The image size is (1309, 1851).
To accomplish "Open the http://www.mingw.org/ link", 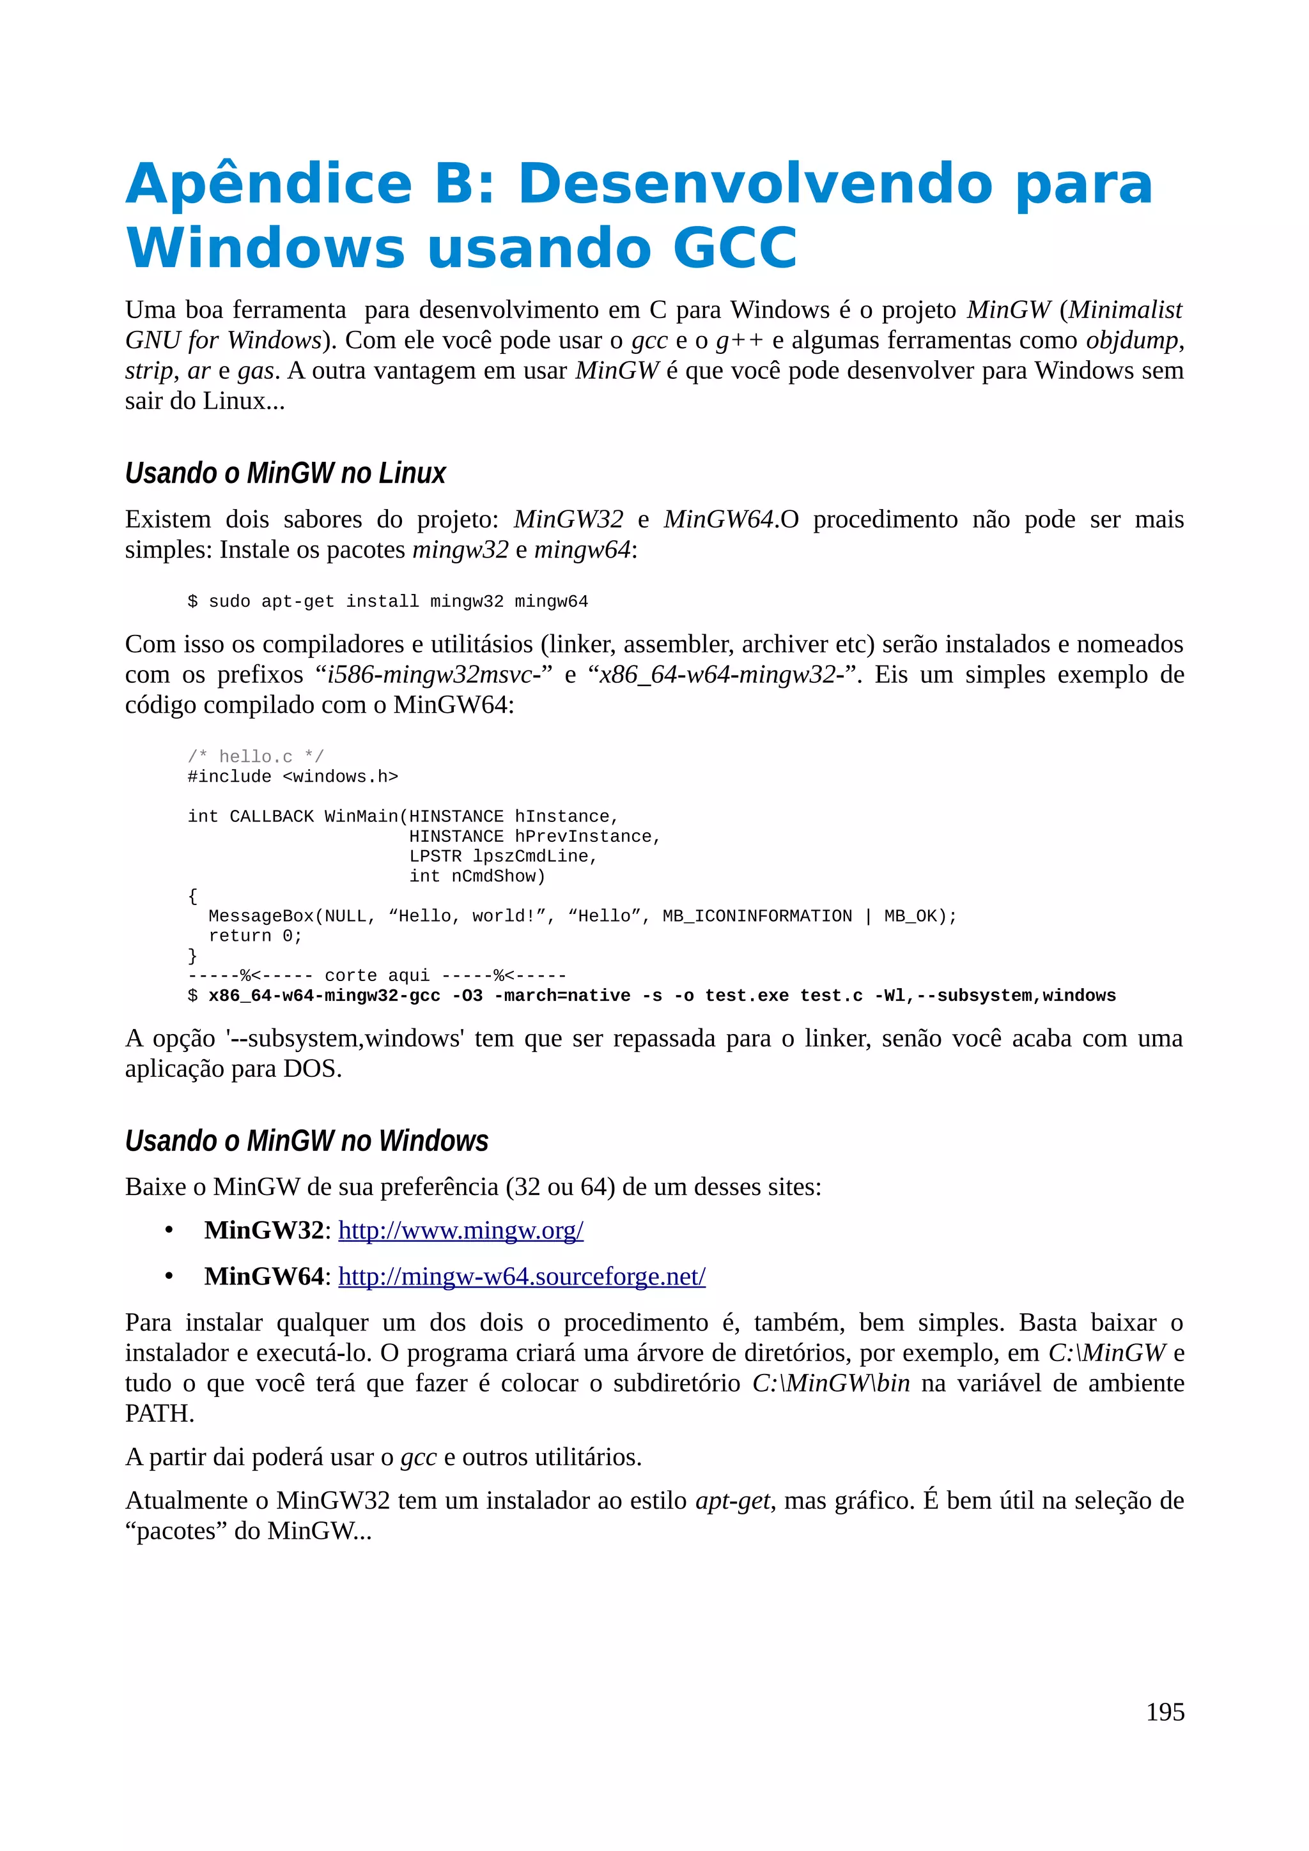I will pos(461,1230).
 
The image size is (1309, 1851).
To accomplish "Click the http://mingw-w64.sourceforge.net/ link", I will pos(521,1276).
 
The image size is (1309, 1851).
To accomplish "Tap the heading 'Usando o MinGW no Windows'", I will pos(307,1141).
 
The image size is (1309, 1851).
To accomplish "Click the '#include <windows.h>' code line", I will pos(293,776).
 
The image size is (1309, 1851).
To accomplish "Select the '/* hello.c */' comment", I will pos(256,756).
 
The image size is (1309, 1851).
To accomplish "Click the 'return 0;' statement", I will pos(255,936).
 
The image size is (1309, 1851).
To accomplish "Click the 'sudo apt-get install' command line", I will pos(388,602).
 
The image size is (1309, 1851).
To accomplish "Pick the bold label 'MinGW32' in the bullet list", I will pos(264,1230).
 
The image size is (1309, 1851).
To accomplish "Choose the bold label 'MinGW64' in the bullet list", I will pos(264,1276).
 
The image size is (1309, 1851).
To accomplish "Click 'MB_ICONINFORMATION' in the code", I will pos(757,916).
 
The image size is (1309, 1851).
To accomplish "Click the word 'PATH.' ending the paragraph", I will pos(160,1413).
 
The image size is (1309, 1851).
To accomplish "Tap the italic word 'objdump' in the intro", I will pos(1131,340).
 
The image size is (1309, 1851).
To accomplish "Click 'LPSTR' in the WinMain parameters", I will pos(435,856).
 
